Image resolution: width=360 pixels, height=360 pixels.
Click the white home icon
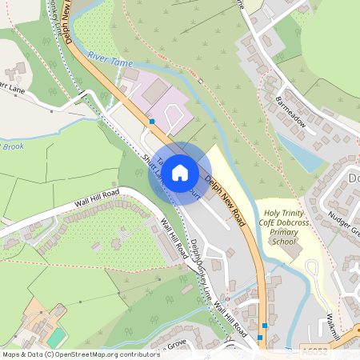[x=180, y=172]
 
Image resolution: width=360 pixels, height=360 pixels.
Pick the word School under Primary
[x=283, y=242]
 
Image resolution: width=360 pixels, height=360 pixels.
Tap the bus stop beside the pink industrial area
[x=152, y=122]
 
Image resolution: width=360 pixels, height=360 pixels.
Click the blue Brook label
[x=11, y=146]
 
